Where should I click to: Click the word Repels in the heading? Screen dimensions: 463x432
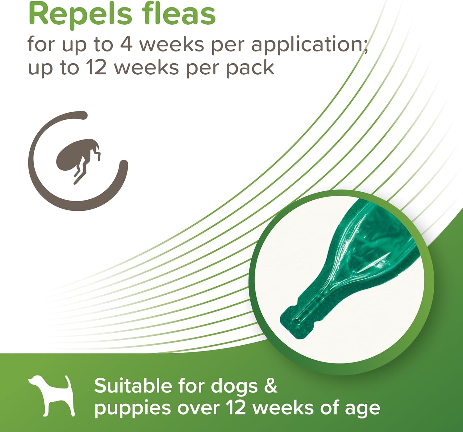(x=80, y=15)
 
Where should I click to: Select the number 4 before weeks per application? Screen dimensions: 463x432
(x=126, y=44)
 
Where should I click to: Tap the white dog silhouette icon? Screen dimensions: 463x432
(x=52, y=396)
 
